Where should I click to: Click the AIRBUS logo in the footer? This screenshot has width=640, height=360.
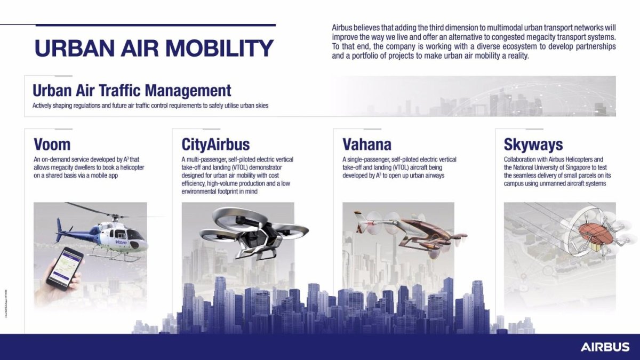(x=605, y=347)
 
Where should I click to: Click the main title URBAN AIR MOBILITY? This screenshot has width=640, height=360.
(x=154, y=49)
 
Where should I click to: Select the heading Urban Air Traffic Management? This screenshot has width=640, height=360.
(x=132, y=90)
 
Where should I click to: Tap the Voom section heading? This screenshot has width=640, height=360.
(x=52, y=144)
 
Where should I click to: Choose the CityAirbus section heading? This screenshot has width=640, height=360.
(x=215, y=144)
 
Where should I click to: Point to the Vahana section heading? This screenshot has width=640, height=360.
(x=367, y=144)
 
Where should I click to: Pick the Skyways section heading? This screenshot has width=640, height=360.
(x=533, y=144)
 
